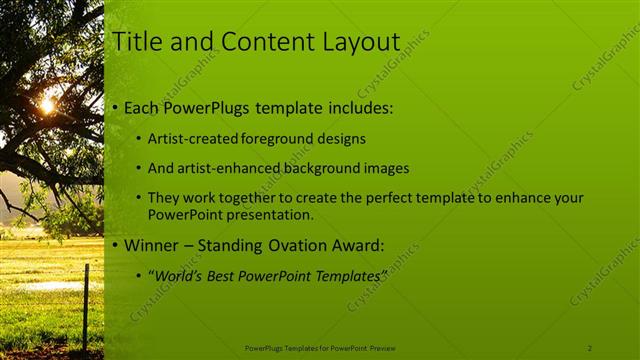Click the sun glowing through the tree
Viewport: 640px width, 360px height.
pos(47,104)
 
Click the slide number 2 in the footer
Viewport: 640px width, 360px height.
pos(589,347)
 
